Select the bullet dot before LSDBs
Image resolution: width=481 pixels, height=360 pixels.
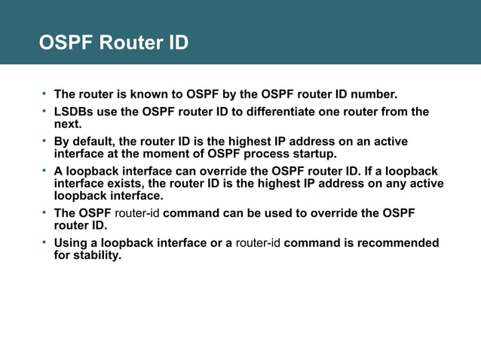pos(44,111)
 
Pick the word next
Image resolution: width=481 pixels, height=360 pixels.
pos(66,124)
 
